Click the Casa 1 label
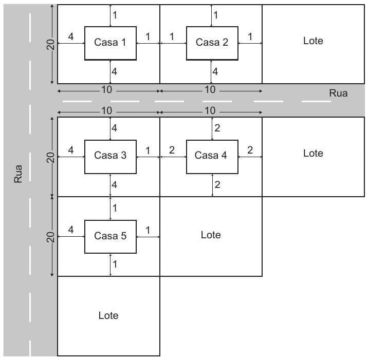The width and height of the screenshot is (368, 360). pyautogui.click(x=110, y=43)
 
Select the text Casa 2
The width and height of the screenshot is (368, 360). pyautogui.click(x=212, y=43)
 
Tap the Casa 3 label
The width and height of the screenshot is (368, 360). pyautogui.click(x=110, y=155)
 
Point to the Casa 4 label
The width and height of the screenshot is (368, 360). pyautogui.click(x=211, y=155)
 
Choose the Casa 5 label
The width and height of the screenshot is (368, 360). pyautogui.click(x=110, y=236)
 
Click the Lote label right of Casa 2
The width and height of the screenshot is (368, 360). pyautogui.click(x=313, y=41)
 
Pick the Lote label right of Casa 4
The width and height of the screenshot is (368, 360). pyautogui.click(x=313, y=153)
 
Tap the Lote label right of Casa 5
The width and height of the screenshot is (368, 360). pyautogui.click(x=211, y=235)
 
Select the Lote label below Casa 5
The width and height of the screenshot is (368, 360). pyautogui.click(x=108, y=315)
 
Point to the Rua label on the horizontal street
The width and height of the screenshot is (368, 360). pyautogui.click(x=338, y=93)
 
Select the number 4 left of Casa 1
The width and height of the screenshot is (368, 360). pyautogui.click(x=71, y=36)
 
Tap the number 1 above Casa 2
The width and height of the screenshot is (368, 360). pyautogui.click(x=215, y=15)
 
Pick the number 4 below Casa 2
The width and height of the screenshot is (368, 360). pyautogui.click(x=215, y=72)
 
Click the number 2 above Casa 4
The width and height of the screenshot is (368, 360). pyautogui.click(x=217, y=128)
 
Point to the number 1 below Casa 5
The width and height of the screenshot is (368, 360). pyautogui.click(x=115, y=264)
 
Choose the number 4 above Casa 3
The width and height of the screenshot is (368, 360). pyautogui.click(x=114, y=128)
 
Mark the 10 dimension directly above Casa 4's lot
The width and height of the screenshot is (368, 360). pyautogui.click(x=210, y=111)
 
